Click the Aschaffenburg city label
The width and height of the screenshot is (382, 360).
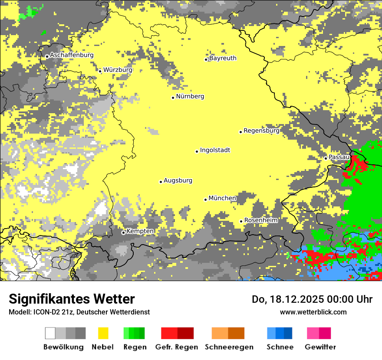pos(72,55)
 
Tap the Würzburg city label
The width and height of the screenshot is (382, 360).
pos(118,69)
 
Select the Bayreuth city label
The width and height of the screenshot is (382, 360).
pos(223,58)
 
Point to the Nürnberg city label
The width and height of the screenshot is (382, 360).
pos(190,96)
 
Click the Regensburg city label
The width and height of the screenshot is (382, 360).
pos(261,131)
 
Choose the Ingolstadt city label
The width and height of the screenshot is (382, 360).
pos(215,150)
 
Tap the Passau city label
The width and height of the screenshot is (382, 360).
pos(339,157)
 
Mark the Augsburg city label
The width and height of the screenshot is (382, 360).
pos(178,180)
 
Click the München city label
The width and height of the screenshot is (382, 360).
pos(222,198)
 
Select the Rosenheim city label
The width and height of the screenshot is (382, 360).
pos(260,220)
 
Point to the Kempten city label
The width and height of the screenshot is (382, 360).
pos(140,231)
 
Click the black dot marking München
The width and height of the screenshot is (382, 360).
pos(206,200)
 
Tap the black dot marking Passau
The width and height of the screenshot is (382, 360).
pos(326,158)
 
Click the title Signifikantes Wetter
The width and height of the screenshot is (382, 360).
pos(72,299)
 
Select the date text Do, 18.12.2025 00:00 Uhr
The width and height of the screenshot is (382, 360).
pos(312,299)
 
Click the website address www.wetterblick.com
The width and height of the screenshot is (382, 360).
pos(313,312)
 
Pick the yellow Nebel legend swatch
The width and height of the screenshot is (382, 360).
pos(103,333)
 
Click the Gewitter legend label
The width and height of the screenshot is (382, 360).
pos(320,347)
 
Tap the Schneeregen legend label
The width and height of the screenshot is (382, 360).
pos(229,347)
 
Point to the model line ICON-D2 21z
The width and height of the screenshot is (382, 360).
pos(79,312)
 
